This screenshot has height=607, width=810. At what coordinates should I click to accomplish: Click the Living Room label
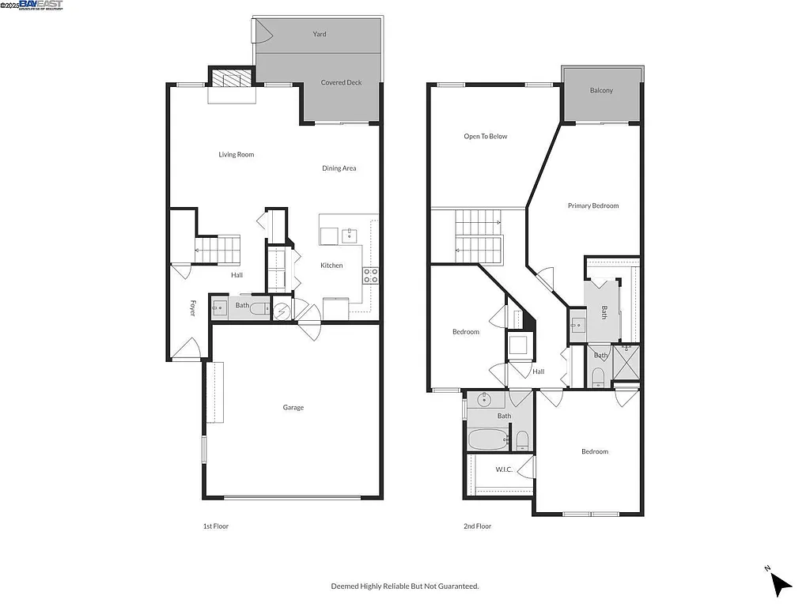point(237,155)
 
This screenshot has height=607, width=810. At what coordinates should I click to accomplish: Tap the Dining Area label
point(339,168)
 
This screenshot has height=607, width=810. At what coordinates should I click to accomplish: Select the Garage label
point(293,408)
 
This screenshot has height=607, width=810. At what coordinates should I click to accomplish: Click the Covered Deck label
point(341,82)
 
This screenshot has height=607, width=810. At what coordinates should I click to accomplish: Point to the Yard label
point(320,34)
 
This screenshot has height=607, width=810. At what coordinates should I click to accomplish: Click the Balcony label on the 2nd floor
point(601,91)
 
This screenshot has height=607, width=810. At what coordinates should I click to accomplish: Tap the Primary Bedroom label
point(593,206)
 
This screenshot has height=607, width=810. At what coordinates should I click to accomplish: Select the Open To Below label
point(486,137)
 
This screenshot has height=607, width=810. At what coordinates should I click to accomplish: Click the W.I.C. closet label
point(504,469)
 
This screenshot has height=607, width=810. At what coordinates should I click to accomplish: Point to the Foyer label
point(192,308)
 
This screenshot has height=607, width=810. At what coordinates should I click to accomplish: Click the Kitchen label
point(331,266)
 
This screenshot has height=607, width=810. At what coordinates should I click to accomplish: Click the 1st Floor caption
point(216,526)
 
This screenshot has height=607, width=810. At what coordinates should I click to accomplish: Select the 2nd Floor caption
point(478,526)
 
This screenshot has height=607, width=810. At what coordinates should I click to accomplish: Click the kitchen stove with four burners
point(370,275)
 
